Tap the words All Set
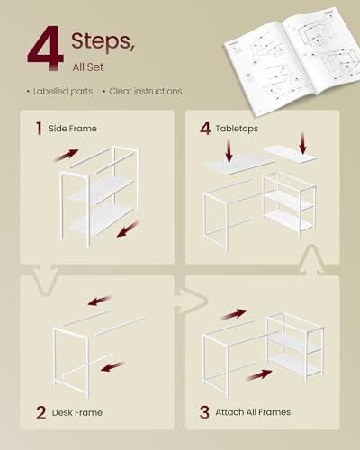91,66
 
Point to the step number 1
39,128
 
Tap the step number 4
206,128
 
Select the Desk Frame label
76,413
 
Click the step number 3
204,412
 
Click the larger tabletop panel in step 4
238,163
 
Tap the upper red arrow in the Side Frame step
66,157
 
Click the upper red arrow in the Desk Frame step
99,301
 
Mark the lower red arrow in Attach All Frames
257,373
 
